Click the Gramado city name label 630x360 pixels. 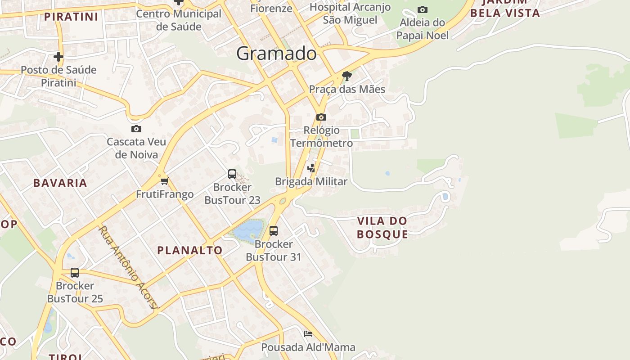pos(276,54)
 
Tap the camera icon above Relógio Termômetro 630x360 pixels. pos(321,117)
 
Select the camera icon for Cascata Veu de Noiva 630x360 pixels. pos(136,129)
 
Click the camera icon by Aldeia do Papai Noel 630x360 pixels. pos(422,9)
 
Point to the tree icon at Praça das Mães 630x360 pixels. pos(346,76)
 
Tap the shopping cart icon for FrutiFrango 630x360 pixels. pos(164,181)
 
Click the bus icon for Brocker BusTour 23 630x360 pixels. pos(232,174)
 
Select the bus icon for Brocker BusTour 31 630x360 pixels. pos(273,231)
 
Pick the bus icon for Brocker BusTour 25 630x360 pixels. pos(75,273)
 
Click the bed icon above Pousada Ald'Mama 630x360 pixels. pos(308,333)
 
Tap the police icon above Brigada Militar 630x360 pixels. pos(311,168)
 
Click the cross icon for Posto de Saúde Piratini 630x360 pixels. pos(58,57)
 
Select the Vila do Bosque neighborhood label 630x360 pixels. pos(382,227)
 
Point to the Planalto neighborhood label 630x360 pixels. pos(189,251)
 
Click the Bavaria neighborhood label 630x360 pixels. pos(60,183)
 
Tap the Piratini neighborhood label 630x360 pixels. pos(71,17)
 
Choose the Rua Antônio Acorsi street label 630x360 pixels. pos(129,268)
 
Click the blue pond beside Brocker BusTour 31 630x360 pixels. pos(248,230)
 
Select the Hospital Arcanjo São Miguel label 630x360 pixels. pos(350,13)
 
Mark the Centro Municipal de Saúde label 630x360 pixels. pos(179,20)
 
